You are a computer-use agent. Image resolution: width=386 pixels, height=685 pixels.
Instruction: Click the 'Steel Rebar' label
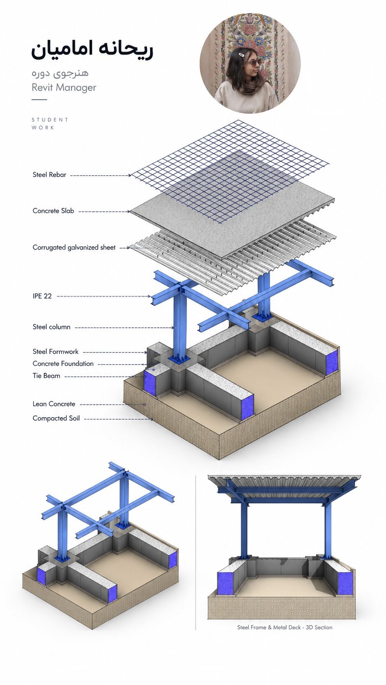pos(49,175)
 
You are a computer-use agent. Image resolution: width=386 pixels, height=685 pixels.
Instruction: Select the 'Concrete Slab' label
pos(53,211)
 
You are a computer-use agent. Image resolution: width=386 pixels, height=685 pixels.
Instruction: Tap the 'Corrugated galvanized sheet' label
pos(74,247)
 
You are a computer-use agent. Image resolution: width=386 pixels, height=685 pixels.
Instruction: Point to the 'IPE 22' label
pos(42,296)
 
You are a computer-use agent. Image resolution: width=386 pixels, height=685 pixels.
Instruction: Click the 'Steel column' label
pos(51,327)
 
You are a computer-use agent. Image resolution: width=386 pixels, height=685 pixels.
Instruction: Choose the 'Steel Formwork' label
pos(55,352)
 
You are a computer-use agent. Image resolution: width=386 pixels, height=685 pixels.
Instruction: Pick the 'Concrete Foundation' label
pos(63,364)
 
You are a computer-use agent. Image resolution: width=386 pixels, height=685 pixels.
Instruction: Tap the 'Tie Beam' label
pos(46,376)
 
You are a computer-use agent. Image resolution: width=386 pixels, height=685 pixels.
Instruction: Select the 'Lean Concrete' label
pos(54,404)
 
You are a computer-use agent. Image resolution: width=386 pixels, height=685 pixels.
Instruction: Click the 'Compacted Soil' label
pos(56,418)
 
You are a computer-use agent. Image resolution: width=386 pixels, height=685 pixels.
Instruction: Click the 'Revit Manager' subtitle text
pos(64,87)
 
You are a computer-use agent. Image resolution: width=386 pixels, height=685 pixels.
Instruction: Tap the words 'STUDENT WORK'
pos(50,124)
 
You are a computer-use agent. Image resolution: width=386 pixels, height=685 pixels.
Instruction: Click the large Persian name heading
pos(92,51)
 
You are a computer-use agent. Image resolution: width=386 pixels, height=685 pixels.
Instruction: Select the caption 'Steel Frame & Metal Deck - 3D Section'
pos(285,627)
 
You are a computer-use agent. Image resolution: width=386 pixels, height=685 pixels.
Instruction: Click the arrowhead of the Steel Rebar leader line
pos(130,175)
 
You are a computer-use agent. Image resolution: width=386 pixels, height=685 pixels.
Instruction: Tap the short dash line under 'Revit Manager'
pos(39,100)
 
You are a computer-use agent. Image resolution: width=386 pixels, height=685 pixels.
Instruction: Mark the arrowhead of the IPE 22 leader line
pos(149,296)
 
